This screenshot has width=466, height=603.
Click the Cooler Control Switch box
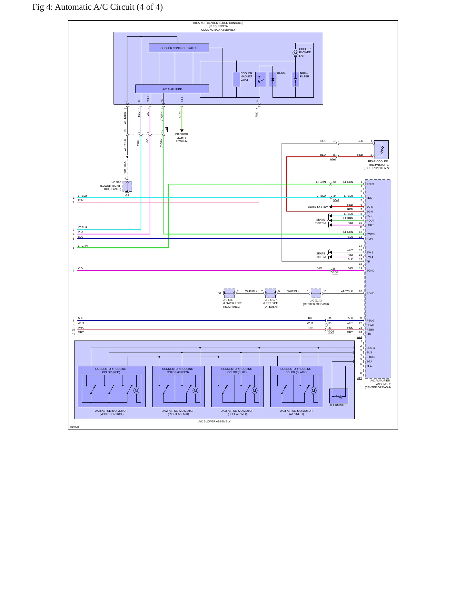[x=179, y=48]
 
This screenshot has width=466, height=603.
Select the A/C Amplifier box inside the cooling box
[x=172, y=89]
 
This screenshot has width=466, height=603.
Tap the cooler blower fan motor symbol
[x=295, y=53]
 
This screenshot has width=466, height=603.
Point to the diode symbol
[x=273, y=79]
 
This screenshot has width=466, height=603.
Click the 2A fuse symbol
[x=261, y=79]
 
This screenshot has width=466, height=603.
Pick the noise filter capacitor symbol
[x=295, y=79]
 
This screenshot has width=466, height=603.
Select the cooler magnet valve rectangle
[x=236, y=79]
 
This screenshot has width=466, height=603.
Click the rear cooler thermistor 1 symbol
[x=381, y=150]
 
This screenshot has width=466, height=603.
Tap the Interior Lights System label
[x=182, y=138]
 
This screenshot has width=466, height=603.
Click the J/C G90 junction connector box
[x=127, y=186]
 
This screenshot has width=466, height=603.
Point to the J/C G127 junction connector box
[x=270, y=293]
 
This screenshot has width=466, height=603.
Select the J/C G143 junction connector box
[x=316, y=293]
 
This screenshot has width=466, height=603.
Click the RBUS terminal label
[x=370, y=184]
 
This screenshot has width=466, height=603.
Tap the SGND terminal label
[x=370, y=271]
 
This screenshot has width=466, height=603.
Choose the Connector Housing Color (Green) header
[x=178, y=371]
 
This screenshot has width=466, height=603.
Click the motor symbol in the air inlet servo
[x=313, y=390]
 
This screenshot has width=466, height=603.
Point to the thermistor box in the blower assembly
[x=339, y=396]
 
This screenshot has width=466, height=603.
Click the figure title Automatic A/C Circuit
[x=97, y=7]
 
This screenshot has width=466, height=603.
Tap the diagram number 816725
[x=75, y=427]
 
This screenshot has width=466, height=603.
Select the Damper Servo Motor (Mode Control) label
[x=111, y=412]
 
